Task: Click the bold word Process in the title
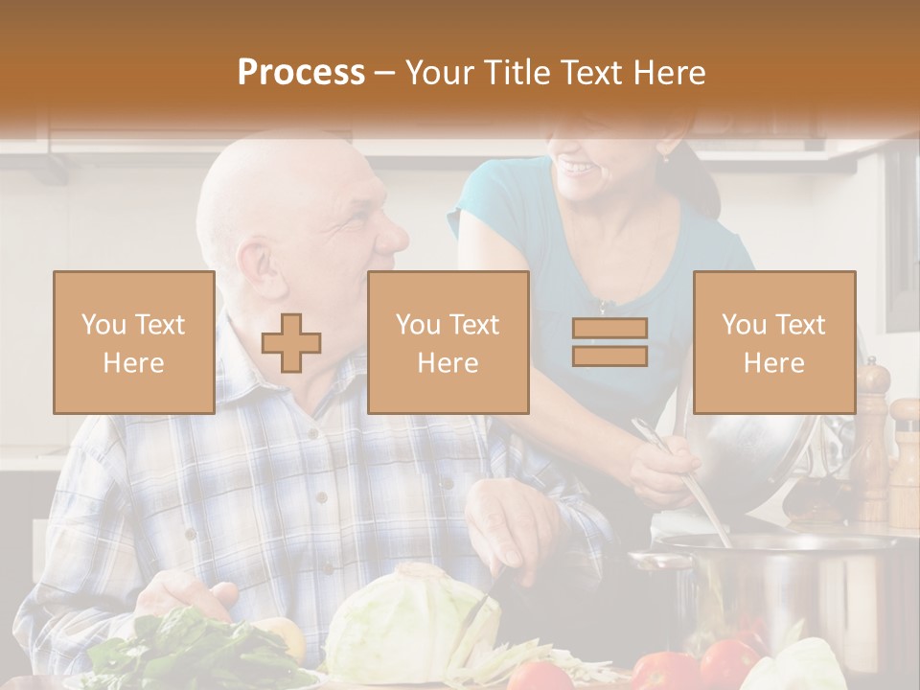pyautogui.click(x=301, y=73)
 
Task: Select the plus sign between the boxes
pyautogui.click(x=291, y=342)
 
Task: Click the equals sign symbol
pyautogui.click(x=609, y=342)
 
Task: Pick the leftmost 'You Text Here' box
pyautogui.click(x=133, y=342)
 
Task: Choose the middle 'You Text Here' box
pyautogui.click(x=448, y=342)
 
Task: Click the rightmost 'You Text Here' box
pyautogui.click(x=773, y=342)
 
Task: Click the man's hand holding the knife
pyautogui.click(x=513, y=522)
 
